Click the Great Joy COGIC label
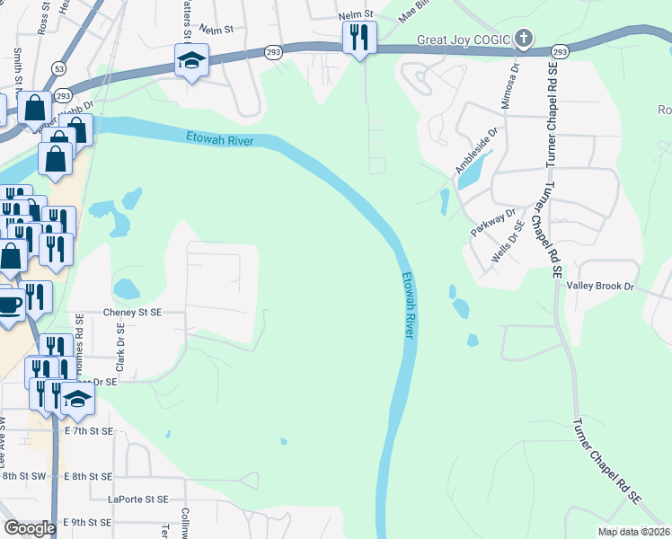pos(463,40)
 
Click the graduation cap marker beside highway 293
pos(191,60)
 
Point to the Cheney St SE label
pos(146,311)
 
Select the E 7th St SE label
pos(90,431)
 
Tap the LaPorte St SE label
pos(137,499)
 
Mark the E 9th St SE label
pos(87,522)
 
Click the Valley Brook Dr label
pos(600,286)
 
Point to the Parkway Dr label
pos(494,224)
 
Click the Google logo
pos(30,528)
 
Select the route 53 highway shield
pos(58,67)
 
